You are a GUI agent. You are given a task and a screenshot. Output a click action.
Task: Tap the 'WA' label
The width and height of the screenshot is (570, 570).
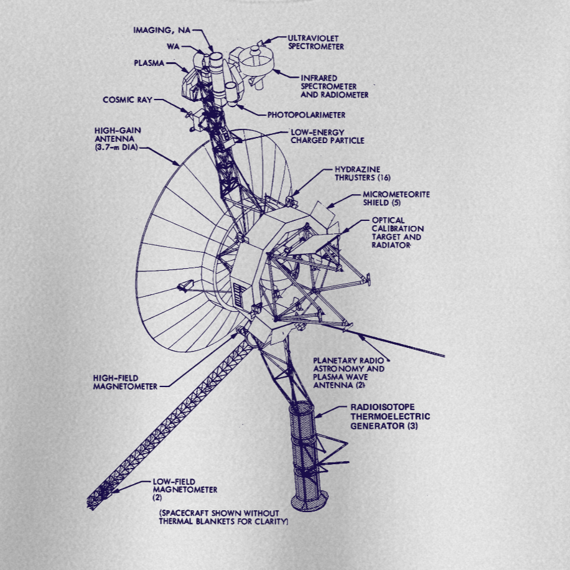[172, 47]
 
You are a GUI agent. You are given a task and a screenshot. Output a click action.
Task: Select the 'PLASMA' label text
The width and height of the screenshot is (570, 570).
[149, 63]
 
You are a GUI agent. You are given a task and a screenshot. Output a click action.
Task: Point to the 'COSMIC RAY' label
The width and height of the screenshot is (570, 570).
[126, 100]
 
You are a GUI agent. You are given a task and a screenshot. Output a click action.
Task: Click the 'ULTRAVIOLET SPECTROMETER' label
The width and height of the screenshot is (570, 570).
[315, 42]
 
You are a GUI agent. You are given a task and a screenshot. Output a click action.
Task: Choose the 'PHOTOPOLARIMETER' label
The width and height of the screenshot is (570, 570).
[306, 115]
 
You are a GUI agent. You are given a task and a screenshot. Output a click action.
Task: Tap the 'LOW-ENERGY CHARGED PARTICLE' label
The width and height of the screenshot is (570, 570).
[327, 136]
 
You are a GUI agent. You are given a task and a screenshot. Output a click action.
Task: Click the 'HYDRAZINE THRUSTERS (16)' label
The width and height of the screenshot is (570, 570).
[362, 172]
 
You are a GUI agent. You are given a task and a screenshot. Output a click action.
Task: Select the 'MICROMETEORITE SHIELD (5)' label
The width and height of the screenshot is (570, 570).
[396, 198]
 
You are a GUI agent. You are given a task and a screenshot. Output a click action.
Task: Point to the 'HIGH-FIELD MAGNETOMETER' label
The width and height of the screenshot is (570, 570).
[124, 381]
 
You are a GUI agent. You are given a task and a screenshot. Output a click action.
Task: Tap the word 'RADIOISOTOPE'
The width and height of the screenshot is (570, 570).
[381, 408]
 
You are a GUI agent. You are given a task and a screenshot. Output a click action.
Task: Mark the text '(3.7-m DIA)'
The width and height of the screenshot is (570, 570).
[116, 147]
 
